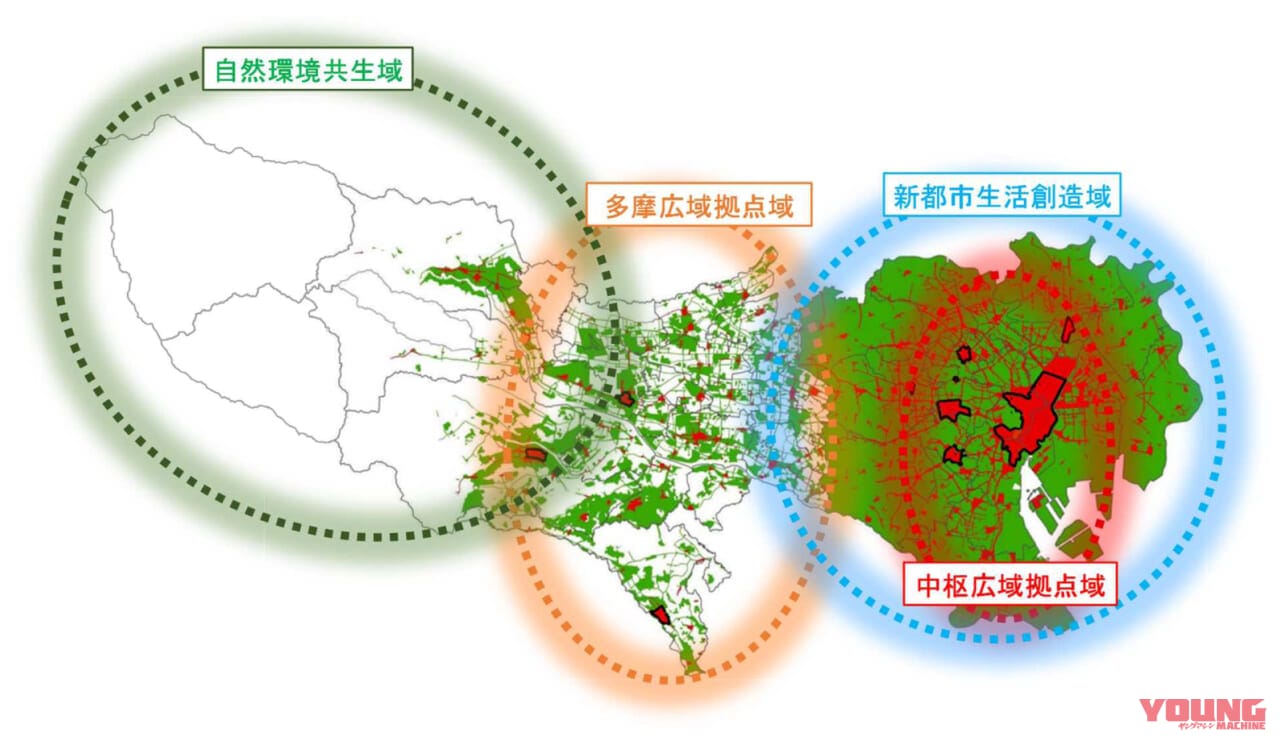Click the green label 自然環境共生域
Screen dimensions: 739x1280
click(x=308, y=72)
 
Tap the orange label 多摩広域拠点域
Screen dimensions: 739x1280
click(x=699, y=207)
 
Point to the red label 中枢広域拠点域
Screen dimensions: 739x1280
click(x=1008, y=586)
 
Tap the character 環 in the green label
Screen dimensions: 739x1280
click(x=281, y=72)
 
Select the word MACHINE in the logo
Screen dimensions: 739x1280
click(x=1238, y=728)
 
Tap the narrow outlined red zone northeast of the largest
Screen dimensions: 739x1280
click(x=1069, y=329)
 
